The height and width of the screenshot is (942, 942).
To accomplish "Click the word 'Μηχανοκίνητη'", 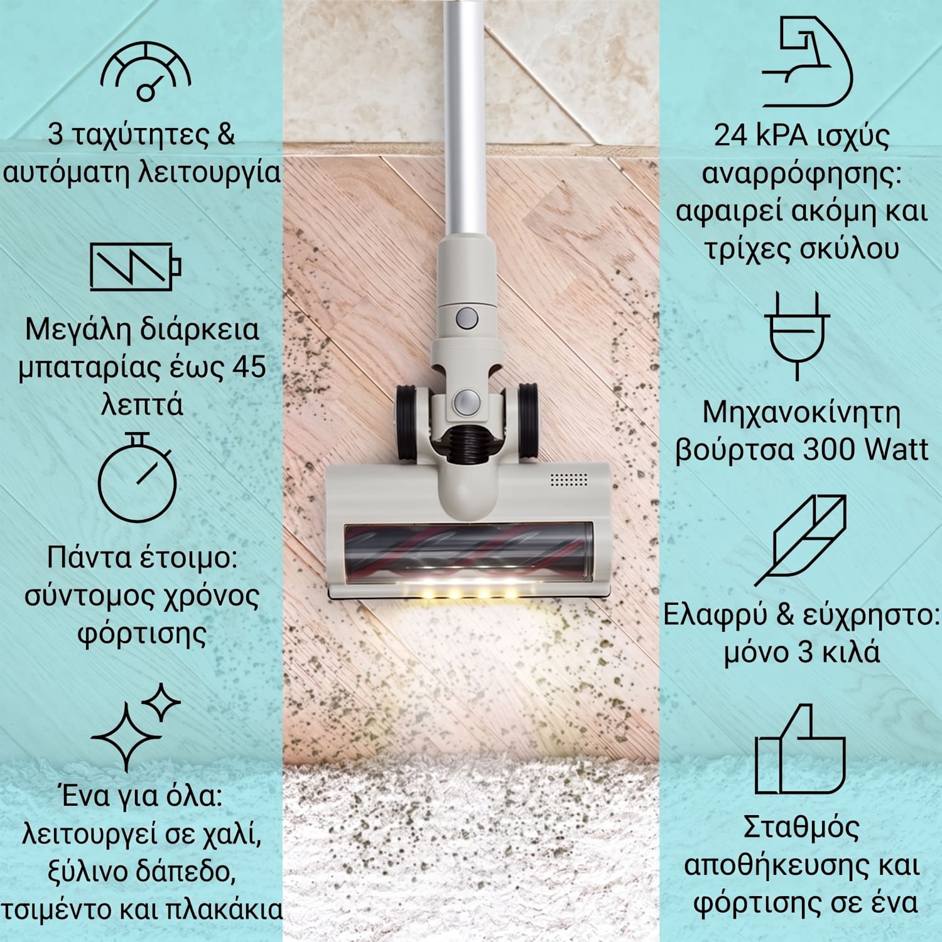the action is pyautogui.click(x=801, y=414).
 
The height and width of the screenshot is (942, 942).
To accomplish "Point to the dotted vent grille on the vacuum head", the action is pyautogui.click(x=568, y=480).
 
